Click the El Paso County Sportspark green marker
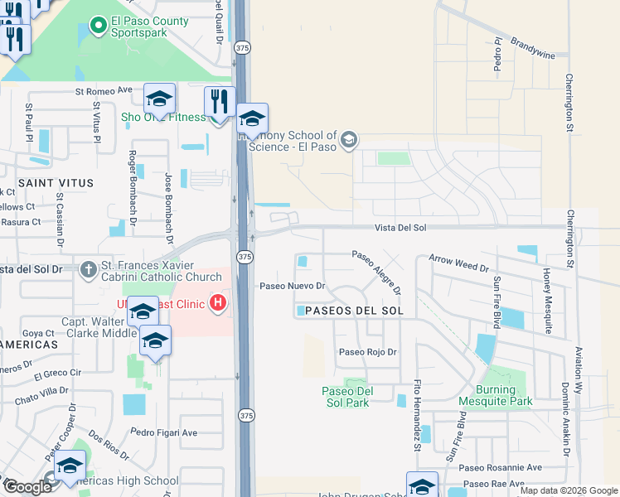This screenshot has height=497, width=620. (98, 26)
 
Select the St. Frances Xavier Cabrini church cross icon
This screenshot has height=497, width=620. (89, 269)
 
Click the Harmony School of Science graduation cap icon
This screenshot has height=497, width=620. (349, 138)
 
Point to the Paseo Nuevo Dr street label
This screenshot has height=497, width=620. (290, 286)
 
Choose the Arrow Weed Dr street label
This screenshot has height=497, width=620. (458, 263)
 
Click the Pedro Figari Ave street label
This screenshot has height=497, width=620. (164, 432)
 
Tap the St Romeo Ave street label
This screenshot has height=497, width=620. (104, 90)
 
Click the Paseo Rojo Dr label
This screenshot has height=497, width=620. (368, 351)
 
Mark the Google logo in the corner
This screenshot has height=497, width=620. (27, 487)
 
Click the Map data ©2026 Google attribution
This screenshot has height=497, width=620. (569, 490)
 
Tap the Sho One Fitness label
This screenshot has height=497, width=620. (163, 117)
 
